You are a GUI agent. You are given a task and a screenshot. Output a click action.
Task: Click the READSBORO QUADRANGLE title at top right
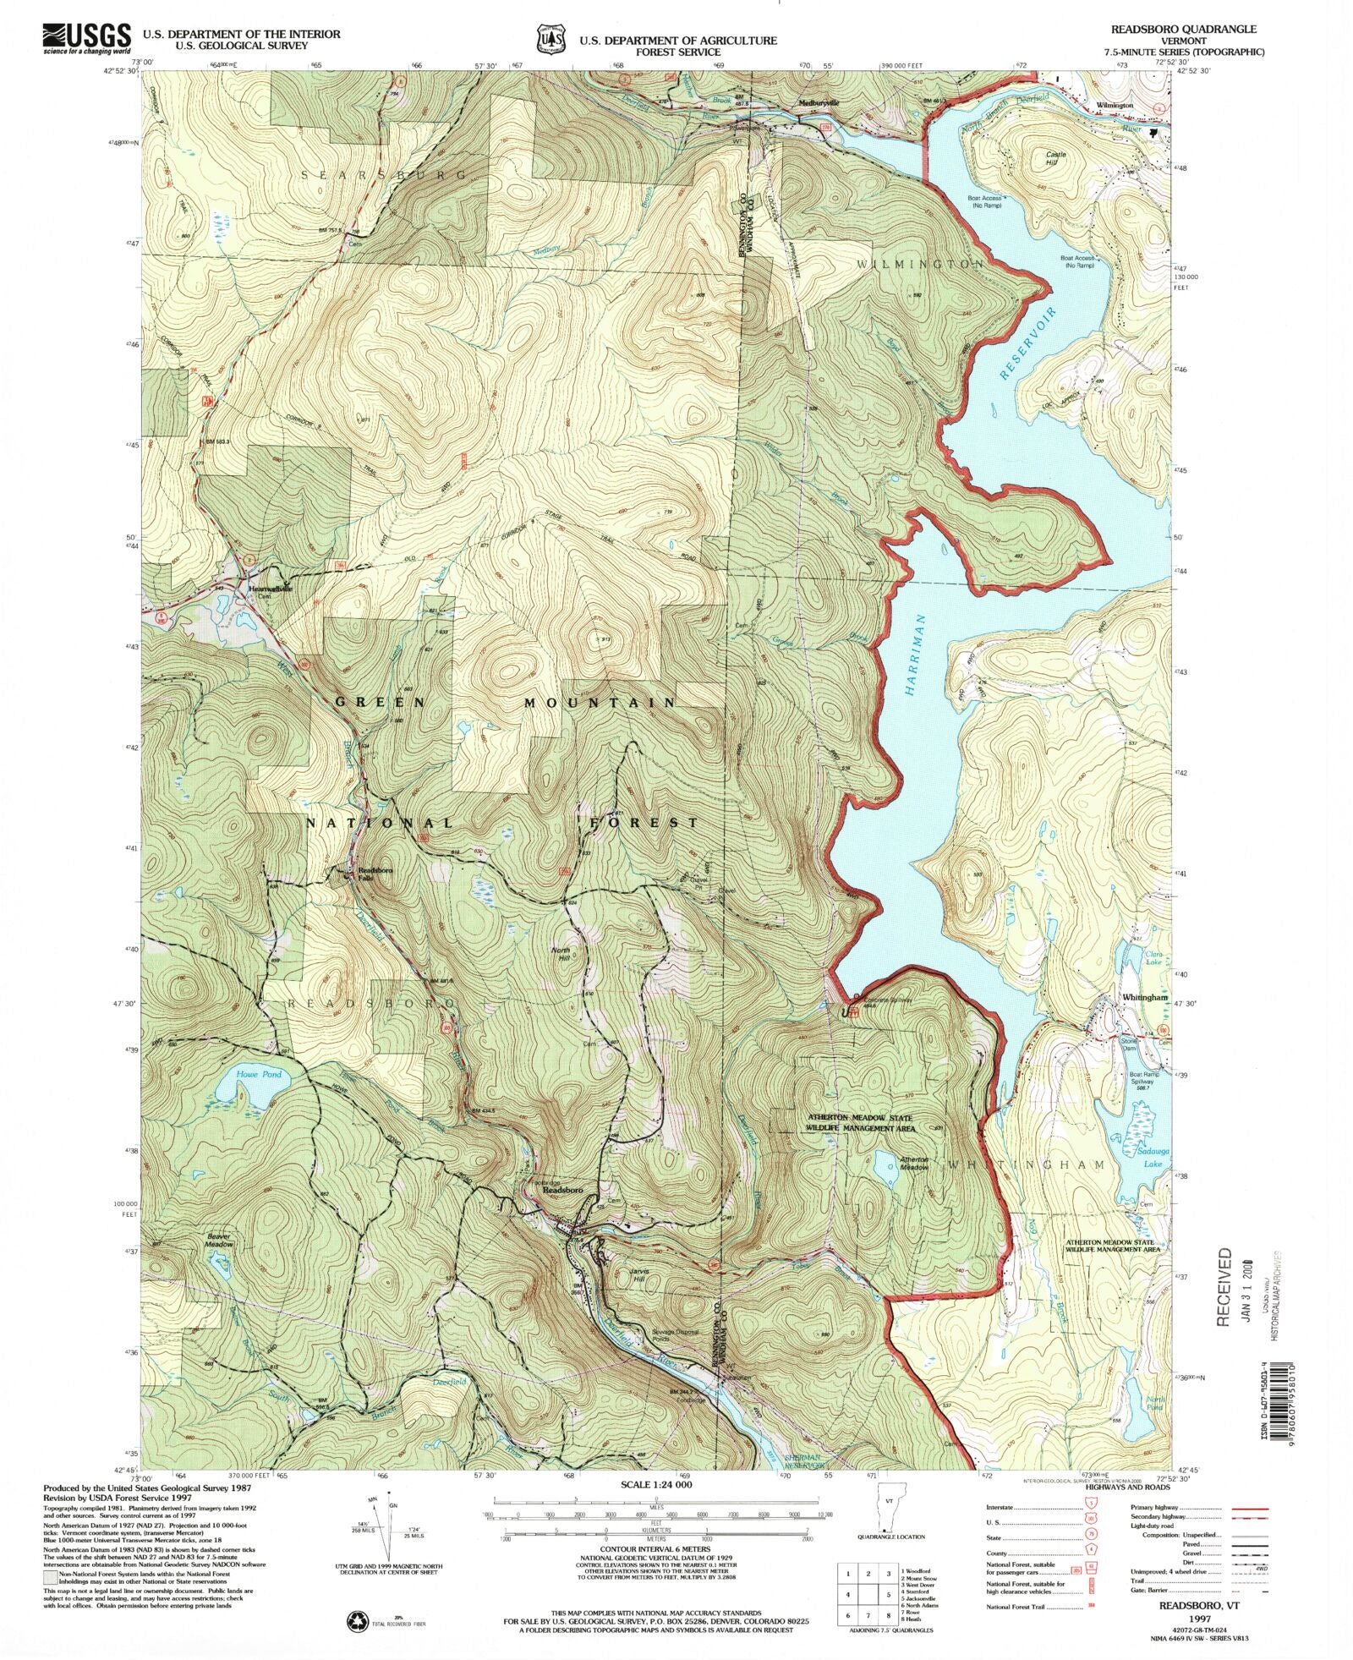pyautogui.click(x=1184, y=29)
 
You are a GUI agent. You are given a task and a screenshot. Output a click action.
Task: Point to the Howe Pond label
pyautogui.click(x=259, y=1074)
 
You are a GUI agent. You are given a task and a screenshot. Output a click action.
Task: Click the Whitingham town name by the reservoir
pyautogui.click(x=1145, y=997)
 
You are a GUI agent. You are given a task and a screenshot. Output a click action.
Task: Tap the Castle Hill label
pyautogui.click(x=1057, y=158)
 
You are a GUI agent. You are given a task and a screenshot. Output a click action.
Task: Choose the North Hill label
pyautogui.click(x=561, y=955)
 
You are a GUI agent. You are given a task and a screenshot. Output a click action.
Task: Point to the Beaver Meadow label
pyautogui.click(x=220, y=1241)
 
